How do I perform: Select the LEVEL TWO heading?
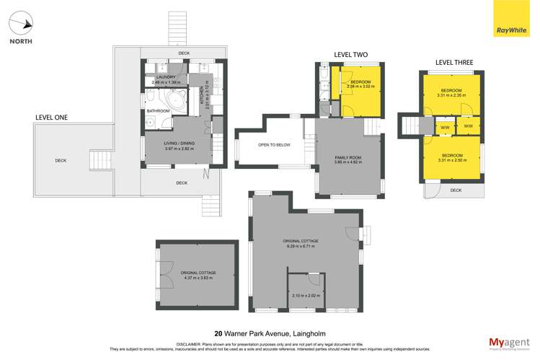(351, 54)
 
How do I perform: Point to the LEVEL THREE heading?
(453, 63)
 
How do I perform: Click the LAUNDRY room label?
(167, 76)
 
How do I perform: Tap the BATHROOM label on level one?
(158, 111)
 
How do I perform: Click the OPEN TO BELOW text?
(274, 145)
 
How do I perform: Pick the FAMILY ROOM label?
(348, 157)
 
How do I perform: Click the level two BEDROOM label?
(360, 82)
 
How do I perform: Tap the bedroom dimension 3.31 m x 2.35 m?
(452, 95)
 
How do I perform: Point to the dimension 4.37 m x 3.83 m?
(199, 278)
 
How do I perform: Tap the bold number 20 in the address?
(208, 334)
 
